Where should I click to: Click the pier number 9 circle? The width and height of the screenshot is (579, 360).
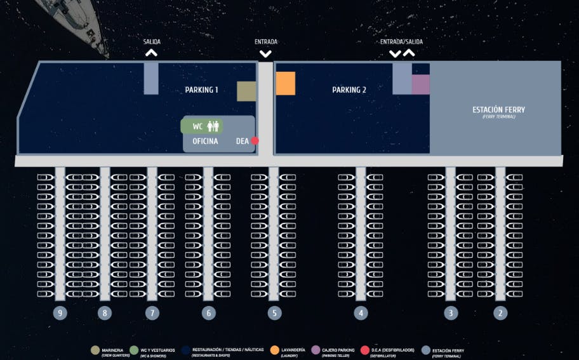pos(60,313)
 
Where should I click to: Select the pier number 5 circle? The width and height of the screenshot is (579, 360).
pos(274,313)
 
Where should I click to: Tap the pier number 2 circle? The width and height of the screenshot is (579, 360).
pos(500,313)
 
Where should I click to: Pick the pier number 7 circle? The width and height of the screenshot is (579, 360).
pos(152,313)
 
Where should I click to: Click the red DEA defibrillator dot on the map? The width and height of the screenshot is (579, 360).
pos(255,141)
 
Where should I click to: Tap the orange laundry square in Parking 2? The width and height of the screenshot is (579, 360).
pos(286,83)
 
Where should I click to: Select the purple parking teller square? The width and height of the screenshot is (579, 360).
pos(421,84)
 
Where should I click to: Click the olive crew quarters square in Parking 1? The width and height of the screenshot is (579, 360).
pos(246,91)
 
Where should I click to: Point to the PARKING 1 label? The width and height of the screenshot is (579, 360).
pos(201,90)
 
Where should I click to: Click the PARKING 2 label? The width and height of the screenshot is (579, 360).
pos(349,90)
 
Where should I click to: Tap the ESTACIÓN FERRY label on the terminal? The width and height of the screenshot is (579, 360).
pos(498,110)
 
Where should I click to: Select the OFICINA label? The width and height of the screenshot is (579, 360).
pos(205,142)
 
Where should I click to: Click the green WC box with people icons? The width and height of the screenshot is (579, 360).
pos(202,126)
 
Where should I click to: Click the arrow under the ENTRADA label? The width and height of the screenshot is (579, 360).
pos(266,53)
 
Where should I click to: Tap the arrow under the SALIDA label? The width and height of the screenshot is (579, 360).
pos(151,53)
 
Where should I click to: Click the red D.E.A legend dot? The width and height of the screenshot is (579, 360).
pos(364,350)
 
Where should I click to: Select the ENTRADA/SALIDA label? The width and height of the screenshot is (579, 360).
pos(401,42)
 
